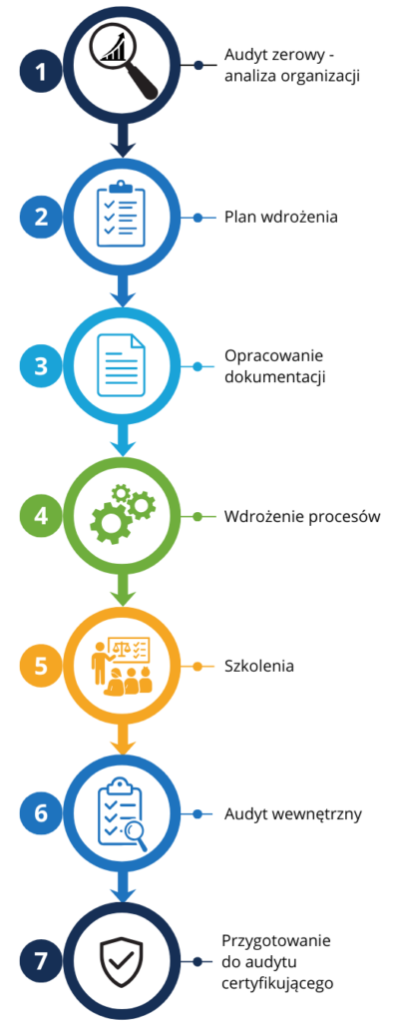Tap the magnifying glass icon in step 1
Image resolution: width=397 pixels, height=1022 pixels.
(x=124, y=64)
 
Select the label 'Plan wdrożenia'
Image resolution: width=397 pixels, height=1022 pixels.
(x=281, y=217)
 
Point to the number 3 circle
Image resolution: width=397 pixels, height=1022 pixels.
(x=41, y=365)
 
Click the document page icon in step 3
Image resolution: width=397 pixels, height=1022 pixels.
(x=122, y=365)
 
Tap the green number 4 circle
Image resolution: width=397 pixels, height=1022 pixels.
(x=41, y=516)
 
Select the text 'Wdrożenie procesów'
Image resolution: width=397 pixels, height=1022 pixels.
(x=302, y=517)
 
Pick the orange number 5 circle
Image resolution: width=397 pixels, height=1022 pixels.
(x=41, y=666)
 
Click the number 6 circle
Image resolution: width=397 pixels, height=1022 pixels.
(x=41, y=814)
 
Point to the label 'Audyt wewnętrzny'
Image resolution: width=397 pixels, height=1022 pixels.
(x=292, y=814)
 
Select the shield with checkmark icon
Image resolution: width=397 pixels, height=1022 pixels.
(x=122, y=961)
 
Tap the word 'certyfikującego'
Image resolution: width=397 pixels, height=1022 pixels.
(x=278, y=983)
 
